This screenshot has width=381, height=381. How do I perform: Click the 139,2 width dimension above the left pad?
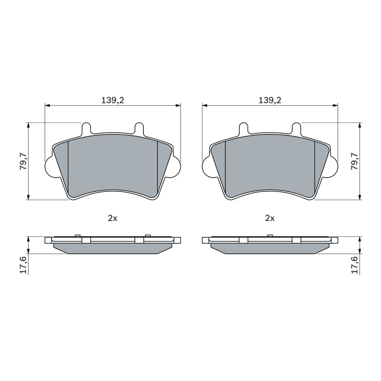click(112, 100)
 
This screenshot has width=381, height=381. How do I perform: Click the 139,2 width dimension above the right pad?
click(270, 100)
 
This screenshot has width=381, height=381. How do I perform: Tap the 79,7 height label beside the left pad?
click(23, 161)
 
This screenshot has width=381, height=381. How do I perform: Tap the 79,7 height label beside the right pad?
click(355, 161)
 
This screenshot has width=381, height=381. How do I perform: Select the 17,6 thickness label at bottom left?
click(23, 265)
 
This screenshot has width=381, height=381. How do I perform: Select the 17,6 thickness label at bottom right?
click(355, 265)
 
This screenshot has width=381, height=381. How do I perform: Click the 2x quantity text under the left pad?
click(112, 219)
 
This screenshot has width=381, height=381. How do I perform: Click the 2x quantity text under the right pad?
click(270, 219)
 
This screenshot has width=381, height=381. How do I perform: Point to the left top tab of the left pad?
click(87, 128)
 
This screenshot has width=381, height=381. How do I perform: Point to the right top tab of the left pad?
click(139, 128)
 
